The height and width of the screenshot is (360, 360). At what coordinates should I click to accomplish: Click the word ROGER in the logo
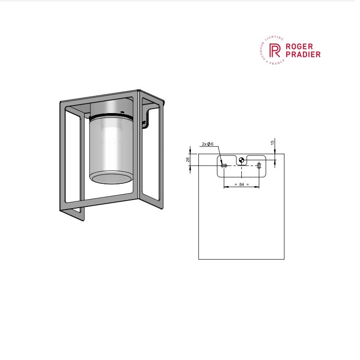pos(299,46)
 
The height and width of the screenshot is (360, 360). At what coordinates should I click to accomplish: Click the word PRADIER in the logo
pos(303,55)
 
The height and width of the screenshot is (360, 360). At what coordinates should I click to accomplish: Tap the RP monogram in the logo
pos(275,50)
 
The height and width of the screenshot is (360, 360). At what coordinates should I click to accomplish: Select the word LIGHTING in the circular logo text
pos(275,38)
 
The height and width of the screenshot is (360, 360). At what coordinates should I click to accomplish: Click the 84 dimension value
pos(241,184)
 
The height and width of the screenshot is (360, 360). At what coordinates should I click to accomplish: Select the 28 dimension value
pos(188,159)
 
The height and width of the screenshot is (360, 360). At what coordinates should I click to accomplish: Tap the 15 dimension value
pos(273,142)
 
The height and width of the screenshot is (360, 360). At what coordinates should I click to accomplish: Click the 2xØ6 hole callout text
pos(207,144)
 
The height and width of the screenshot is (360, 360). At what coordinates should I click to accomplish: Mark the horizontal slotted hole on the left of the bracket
pos(224,165)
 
